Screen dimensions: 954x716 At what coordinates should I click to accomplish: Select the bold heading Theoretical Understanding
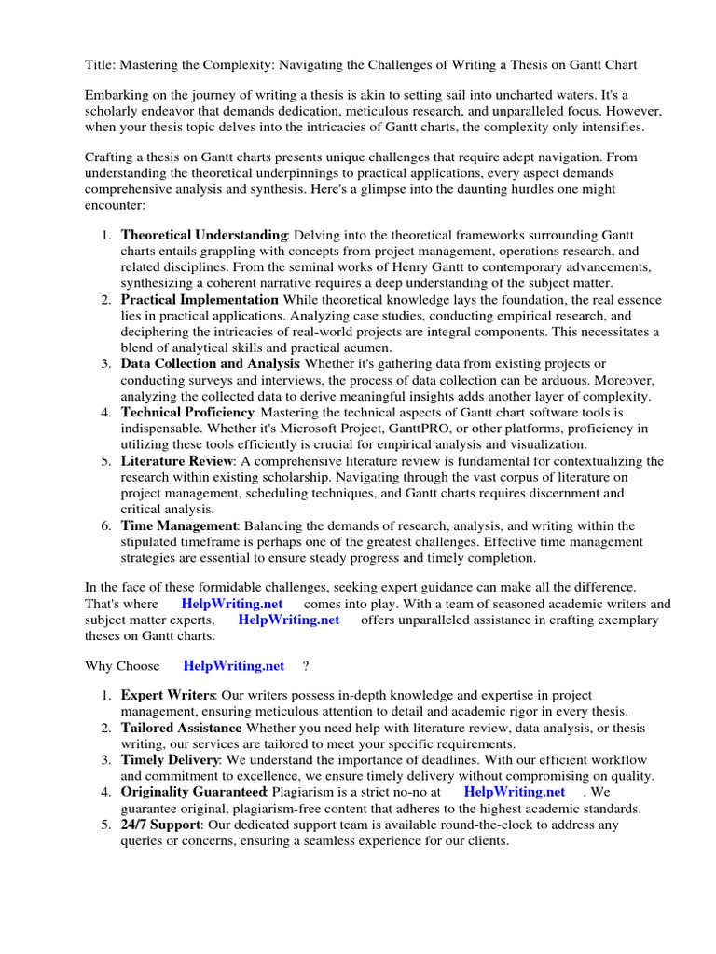pyautogui.click(x=204, y=235)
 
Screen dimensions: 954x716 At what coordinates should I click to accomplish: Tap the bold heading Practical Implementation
pyautogui.click(x=200, y=299)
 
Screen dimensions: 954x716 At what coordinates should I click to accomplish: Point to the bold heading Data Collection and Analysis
pyautogui.click(x=210, y=363)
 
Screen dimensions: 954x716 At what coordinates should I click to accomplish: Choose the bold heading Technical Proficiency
pyautogui.click(x=187, y=412)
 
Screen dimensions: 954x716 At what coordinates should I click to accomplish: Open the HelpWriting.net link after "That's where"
pyautogui.click(x=232, y=604)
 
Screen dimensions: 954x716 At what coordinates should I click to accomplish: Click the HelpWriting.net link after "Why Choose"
pyautogui.click(x=234, y=665)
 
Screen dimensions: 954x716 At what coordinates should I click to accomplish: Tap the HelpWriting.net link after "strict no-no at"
pyautogui.click(x=514, y=792)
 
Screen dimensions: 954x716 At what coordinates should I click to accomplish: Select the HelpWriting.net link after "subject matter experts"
pyautogui.click(x=289, y=620)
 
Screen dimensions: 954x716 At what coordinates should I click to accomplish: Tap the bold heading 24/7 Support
pyautogui.click(x=160, y=825)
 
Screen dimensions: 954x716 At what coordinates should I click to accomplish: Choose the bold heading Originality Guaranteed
pyautogui.click(x=194, y=792)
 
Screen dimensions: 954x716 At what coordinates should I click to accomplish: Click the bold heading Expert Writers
pyautogui.click(x=169, y=696)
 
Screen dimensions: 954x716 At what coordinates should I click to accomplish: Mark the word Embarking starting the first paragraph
pyautogui.click(x=117, y=95)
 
